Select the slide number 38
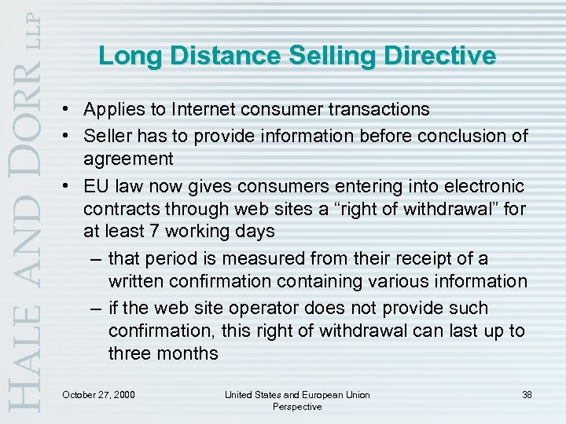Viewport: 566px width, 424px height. tap(526, 393)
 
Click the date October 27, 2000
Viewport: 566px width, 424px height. tap(98, 393)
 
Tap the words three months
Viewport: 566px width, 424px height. tap(164, 353)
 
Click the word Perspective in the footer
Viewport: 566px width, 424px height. tap(297, 406)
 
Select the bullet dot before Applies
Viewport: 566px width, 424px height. tap(71, 109)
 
